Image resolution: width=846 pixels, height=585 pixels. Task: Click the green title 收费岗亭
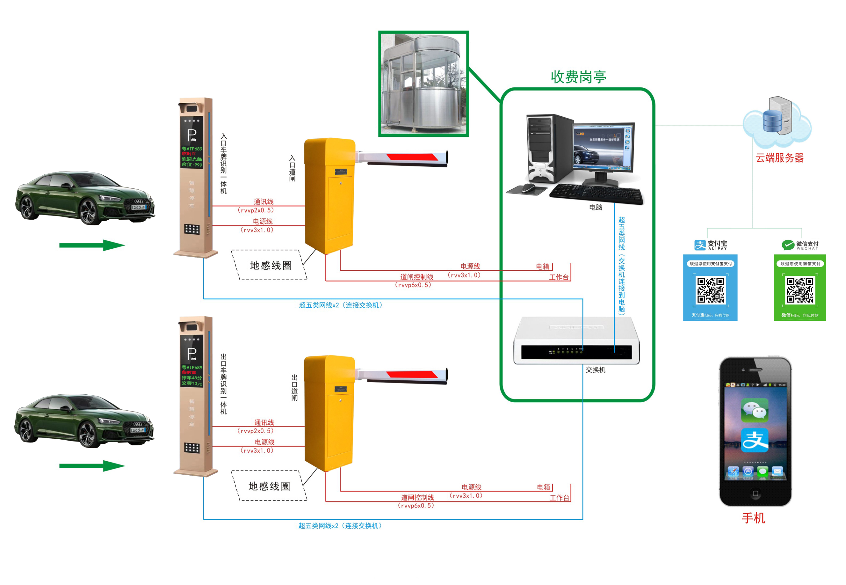pos(578,77)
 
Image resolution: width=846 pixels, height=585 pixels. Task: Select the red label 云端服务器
pos(779,158)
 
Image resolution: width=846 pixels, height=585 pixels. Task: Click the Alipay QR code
pos(710,290)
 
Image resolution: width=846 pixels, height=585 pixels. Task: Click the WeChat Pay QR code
pos(800,290)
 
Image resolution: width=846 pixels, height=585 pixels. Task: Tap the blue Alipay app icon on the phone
pos(755,440)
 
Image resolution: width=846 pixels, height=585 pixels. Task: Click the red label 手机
pos(753,518)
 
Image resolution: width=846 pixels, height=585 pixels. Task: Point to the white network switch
pos(576,341)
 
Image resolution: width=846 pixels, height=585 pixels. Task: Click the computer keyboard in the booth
pos(596,194)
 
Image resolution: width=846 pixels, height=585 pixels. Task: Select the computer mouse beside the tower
pos(528,188)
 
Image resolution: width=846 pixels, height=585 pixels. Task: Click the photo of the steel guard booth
pos(423,84)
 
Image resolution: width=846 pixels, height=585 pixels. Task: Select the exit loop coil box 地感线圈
pos(269,486)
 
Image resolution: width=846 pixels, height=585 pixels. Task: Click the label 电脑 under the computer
pos(596,207)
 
